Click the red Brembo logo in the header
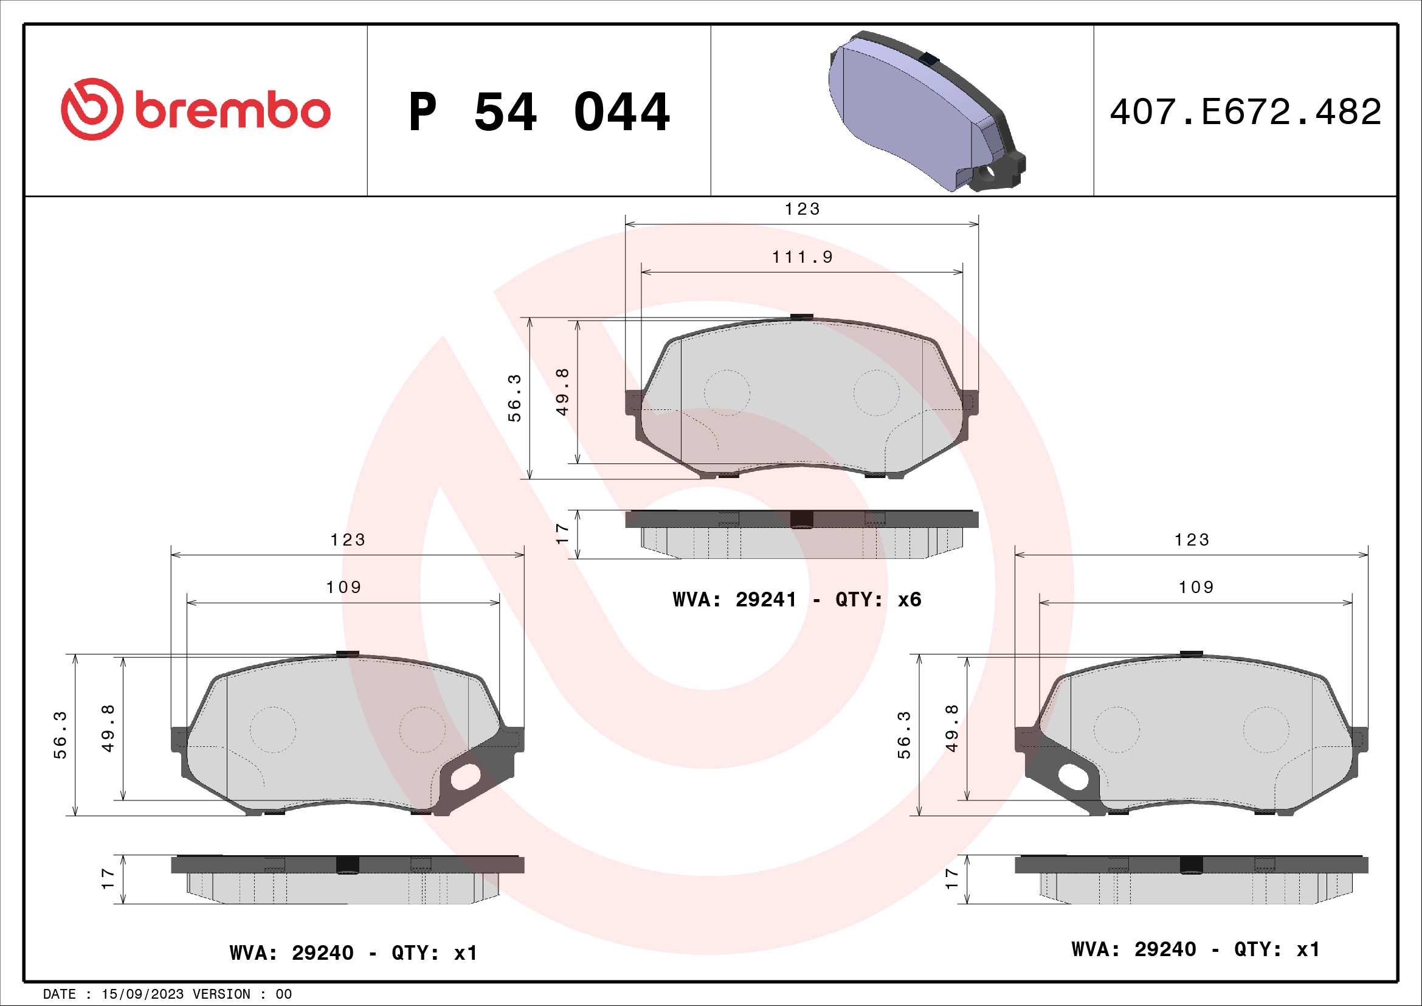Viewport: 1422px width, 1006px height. click(x=195, y=109)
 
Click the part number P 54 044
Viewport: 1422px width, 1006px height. click(x=539, y=112)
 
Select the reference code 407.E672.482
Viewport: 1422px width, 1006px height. click(x=1245, y=112)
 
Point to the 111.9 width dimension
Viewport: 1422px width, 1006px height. click(x=802, y=257)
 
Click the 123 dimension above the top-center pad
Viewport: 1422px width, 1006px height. click(x=802, y=209)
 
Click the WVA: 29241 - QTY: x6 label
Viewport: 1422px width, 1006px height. click(x=796, y=600)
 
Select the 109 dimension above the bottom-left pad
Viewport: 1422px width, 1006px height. click(x=343, y=588)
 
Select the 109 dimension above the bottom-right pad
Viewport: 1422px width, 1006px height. click(x=1196, y=588)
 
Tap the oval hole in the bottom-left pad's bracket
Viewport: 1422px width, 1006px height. click(x=466, y=777)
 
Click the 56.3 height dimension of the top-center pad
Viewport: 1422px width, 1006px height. click(x=515, y=398)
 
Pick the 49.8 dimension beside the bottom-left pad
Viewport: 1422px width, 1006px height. click(x=108, y=729)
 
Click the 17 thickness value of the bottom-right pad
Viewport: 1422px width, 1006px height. click(x=952, y=878)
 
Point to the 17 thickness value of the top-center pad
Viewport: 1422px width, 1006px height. click(x=562, y=534)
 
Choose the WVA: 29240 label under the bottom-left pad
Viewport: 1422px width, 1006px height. click(x=353, y=952)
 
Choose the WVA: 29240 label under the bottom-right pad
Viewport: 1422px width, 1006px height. click(x=1195, y=949)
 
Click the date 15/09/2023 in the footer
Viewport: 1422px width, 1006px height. click(x=142, y=994)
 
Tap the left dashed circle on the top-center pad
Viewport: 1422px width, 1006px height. click(x=727, y=393)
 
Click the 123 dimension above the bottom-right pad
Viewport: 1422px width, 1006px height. click(x=1192, y=540)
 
